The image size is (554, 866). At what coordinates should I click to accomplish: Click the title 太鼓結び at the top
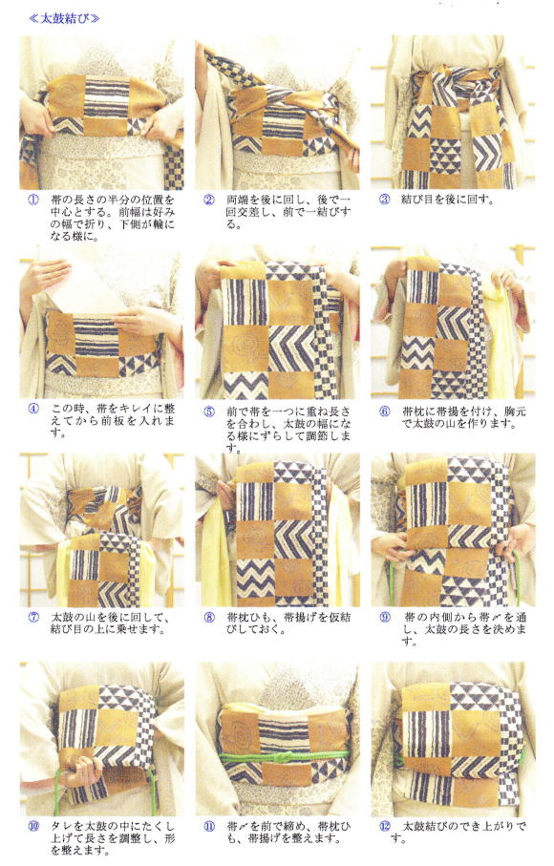[64, 18]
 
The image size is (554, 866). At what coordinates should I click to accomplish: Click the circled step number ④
[33, 410]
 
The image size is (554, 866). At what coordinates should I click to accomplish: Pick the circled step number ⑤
[209, 412]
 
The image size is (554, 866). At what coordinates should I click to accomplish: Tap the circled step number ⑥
[385, 412]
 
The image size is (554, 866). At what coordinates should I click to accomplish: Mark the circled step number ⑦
[33, 617]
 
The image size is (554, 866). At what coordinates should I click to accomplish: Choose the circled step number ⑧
[209, 617]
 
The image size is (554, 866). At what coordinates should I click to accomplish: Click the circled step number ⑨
[385, 617]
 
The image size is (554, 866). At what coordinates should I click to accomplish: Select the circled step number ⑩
[33, 826]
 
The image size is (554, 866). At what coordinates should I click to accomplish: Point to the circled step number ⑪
[209, 826]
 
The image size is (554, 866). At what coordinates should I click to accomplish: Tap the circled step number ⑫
[385, 826]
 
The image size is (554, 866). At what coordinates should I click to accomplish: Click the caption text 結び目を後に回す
[447, 200]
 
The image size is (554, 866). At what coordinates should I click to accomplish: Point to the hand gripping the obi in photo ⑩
[81, 771]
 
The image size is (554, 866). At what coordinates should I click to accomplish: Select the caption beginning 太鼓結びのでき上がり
[458, 833]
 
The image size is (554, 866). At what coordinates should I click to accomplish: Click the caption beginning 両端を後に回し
[288, 212]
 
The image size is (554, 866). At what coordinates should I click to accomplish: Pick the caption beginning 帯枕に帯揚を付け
[464, 418]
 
